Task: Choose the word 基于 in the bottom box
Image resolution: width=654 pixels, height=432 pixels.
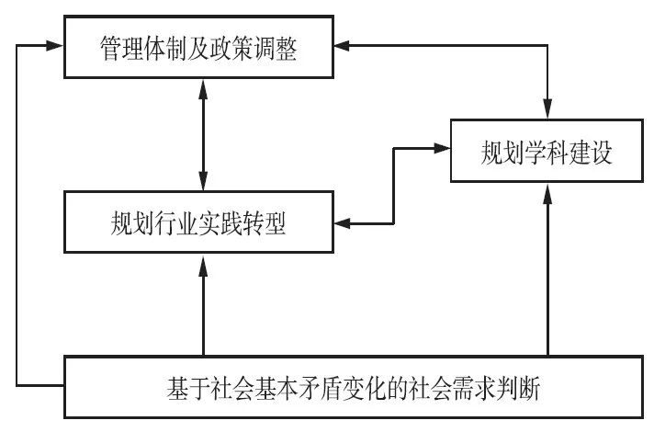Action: (x=180, y=386)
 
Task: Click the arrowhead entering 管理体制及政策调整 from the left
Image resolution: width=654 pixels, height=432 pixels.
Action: (x=57, y=45)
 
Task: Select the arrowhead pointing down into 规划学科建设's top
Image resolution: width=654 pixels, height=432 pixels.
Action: (x=548, y=110)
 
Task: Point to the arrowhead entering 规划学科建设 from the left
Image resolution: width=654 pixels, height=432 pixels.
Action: (x=442, y=148)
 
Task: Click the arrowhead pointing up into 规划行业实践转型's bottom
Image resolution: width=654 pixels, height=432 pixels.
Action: (x=202, y=261)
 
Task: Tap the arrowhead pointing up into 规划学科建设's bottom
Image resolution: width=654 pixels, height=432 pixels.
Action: (x=548, y=190)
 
